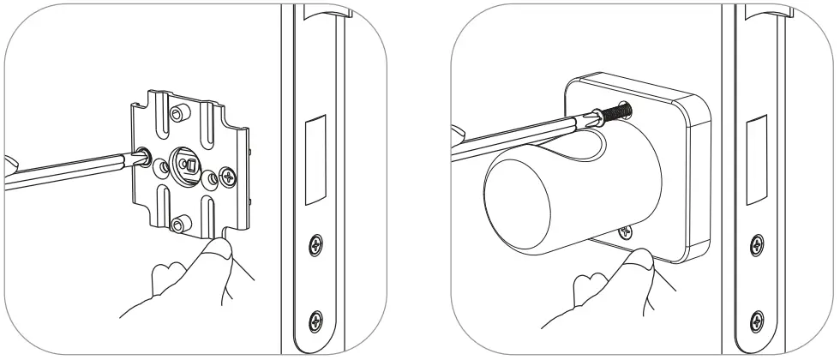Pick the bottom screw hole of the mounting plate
click(177, 225)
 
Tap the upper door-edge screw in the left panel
click(316, 244)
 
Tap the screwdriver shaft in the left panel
click(69, 167)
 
